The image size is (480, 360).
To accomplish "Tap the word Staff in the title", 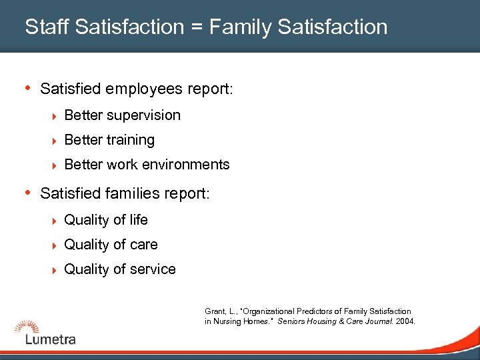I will coord(47,27).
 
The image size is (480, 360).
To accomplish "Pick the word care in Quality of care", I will coord(144,245).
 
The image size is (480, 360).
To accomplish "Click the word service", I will coord(153,269).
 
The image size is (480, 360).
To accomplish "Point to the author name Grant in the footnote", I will coord(214,311).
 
